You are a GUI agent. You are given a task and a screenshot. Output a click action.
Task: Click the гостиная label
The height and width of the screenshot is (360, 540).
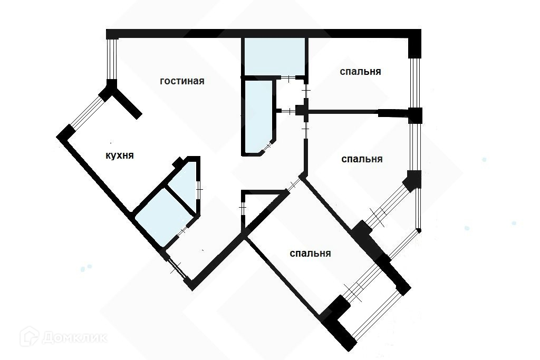[182, 81]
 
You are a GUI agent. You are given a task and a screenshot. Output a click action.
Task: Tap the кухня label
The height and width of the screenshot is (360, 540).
[119, 155]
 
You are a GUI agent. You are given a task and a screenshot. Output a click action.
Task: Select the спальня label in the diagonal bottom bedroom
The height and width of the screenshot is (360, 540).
[310, 254]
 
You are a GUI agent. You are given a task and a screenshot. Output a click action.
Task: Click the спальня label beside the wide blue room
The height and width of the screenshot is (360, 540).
[360, 72]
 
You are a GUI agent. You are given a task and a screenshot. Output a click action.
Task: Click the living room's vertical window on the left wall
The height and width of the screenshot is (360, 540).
[111, 59]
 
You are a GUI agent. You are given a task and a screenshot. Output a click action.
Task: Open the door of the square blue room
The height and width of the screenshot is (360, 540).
[182, 231]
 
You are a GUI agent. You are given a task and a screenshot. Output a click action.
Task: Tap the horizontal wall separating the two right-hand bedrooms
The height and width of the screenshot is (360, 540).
[343, 112]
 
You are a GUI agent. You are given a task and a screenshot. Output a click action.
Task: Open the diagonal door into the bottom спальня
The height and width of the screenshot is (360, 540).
[293, 186]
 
